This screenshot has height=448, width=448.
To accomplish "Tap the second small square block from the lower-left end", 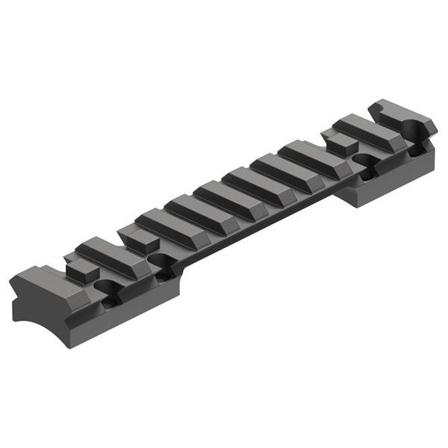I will pos(137,240).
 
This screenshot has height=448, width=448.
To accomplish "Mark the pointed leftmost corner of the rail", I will pos(10,287).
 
